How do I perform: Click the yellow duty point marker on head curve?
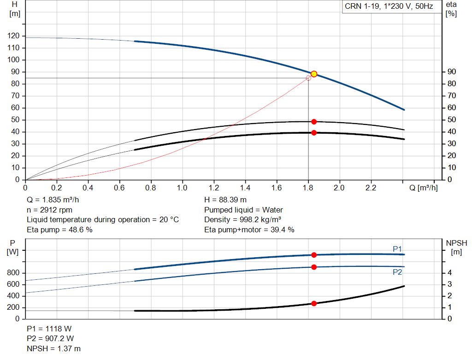[314, 74]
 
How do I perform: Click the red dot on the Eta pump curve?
[314, 122]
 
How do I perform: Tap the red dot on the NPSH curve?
[314, 303]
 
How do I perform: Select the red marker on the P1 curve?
[314, 255]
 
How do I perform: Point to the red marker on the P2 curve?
[314, 267]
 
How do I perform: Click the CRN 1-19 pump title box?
[388, 6]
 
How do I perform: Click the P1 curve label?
[397, 249]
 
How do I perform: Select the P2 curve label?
[397, 272]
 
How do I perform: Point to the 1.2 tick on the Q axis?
[214, 188]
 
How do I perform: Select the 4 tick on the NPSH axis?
[449, 273]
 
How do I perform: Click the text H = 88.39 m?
[225, 200]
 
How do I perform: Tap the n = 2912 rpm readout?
[49, 210]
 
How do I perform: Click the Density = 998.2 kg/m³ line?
[243, 219]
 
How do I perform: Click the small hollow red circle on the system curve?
[308, 78]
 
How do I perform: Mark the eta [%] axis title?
[451, 9]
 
